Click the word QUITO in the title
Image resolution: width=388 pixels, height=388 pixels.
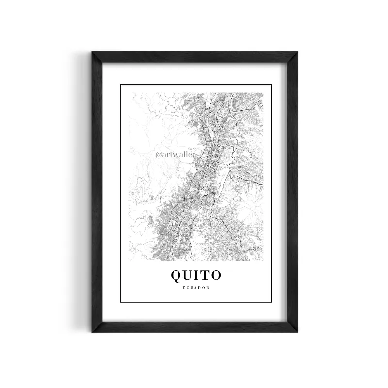pos(196,275)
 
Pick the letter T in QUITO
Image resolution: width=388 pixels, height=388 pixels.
pos(206,275)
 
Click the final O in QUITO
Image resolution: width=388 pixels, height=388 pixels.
pos(216,275)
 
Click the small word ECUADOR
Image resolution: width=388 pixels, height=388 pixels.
pos(196,288)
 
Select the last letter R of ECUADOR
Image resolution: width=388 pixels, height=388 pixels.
pos(208,288)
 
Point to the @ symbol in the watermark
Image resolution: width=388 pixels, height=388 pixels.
pos(158,155)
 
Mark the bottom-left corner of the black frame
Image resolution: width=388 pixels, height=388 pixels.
pos(92,331)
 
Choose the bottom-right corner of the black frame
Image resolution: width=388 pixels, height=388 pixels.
pos(297,331)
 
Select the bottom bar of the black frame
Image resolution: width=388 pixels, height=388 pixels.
pos(194,326)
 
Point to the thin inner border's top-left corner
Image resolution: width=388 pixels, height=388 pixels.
pos(121,85)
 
